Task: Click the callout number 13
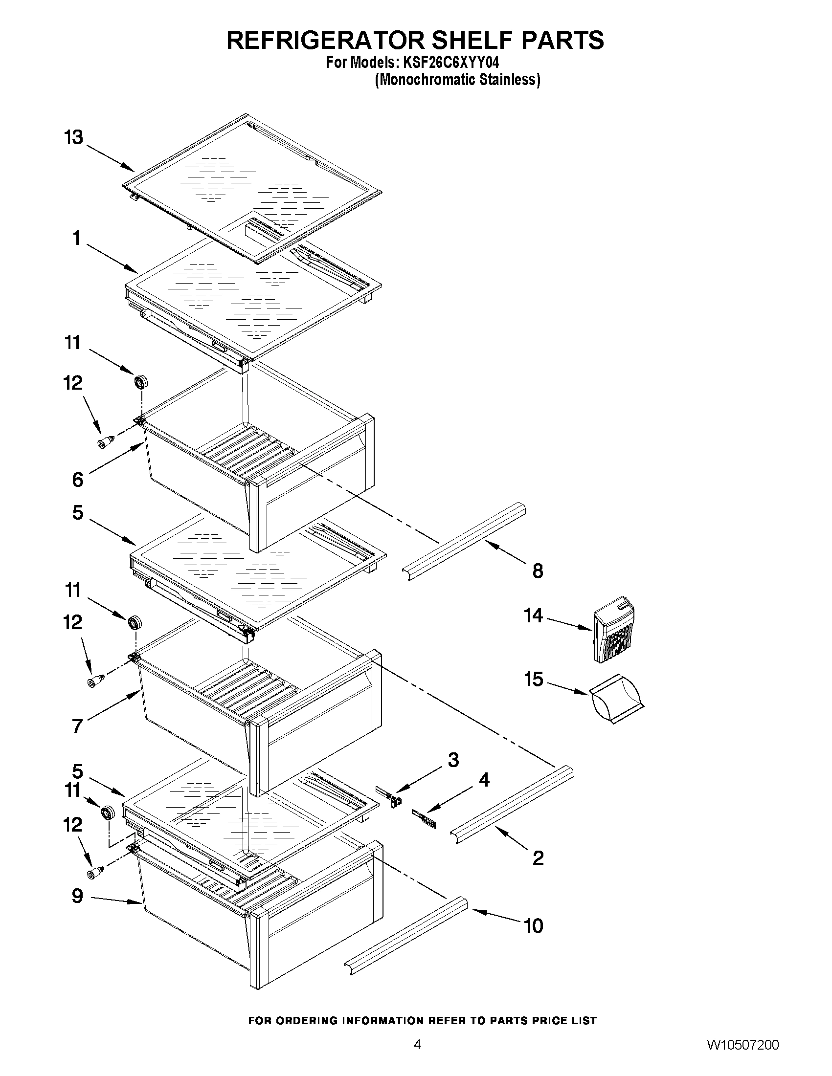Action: point(73,137)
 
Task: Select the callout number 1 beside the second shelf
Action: point(76,239)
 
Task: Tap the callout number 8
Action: point(538,571)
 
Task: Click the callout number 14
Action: point(533,615)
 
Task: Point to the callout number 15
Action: point(533,680)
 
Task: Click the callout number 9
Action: point(77,896)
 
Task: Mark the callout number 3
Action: point(452,760)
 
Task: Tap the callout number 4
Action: point(484,780)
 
